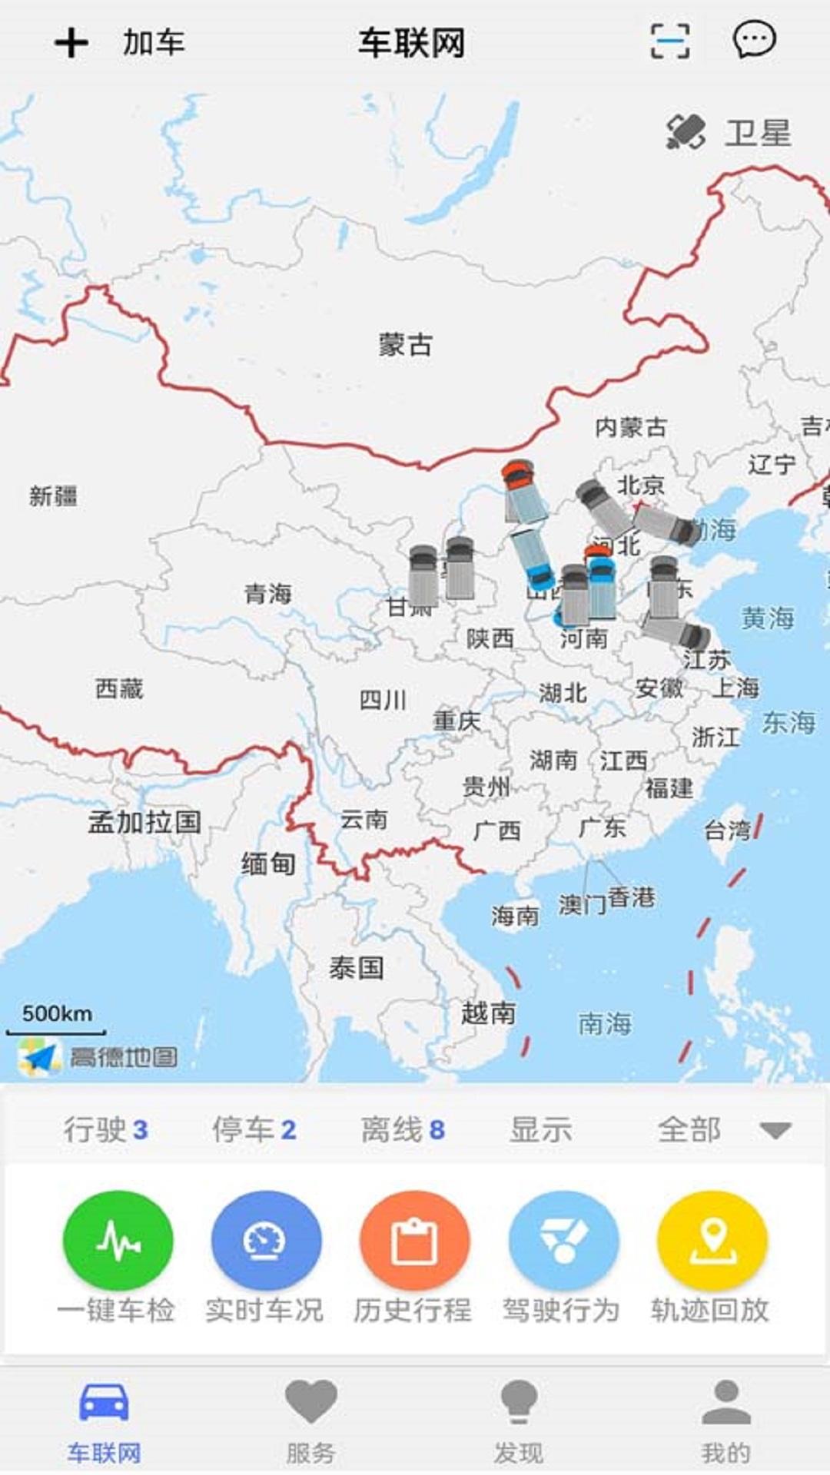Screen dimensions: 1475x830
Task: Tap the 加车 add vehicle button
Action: coord(120,42)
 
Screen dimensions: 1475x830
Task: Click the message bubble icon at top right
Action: coord(753,40)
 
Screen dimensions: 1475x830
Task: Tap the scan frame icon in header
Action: coord(669,41)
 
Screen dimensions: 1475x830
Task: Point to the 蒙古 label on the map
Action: coord(405,344)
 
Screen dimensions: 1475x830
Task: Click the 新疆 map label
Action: coord(53,496)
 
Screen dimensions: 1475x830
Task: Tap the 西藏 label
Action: coord(119,688)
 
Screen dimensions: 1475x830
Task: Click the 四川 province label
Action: coord(383,699)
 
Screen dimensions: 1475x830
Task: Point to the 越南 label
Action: coord(488,1013)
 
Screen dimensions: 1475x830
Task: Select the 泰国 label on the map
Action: coord(356,967)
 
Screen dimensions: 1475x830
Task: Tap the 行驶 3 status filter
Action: coord(105,1130)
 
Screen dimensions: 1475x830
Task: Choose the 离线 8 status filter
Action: coord(403,1130)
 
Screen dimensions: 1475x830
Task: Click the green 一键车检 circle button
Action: coord(118,1241)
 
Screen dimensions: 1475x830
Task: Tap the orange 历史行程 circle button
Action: coord(414,1241)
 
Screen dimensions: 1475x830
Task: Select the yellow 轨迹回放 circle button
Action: coord(712,1241)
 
